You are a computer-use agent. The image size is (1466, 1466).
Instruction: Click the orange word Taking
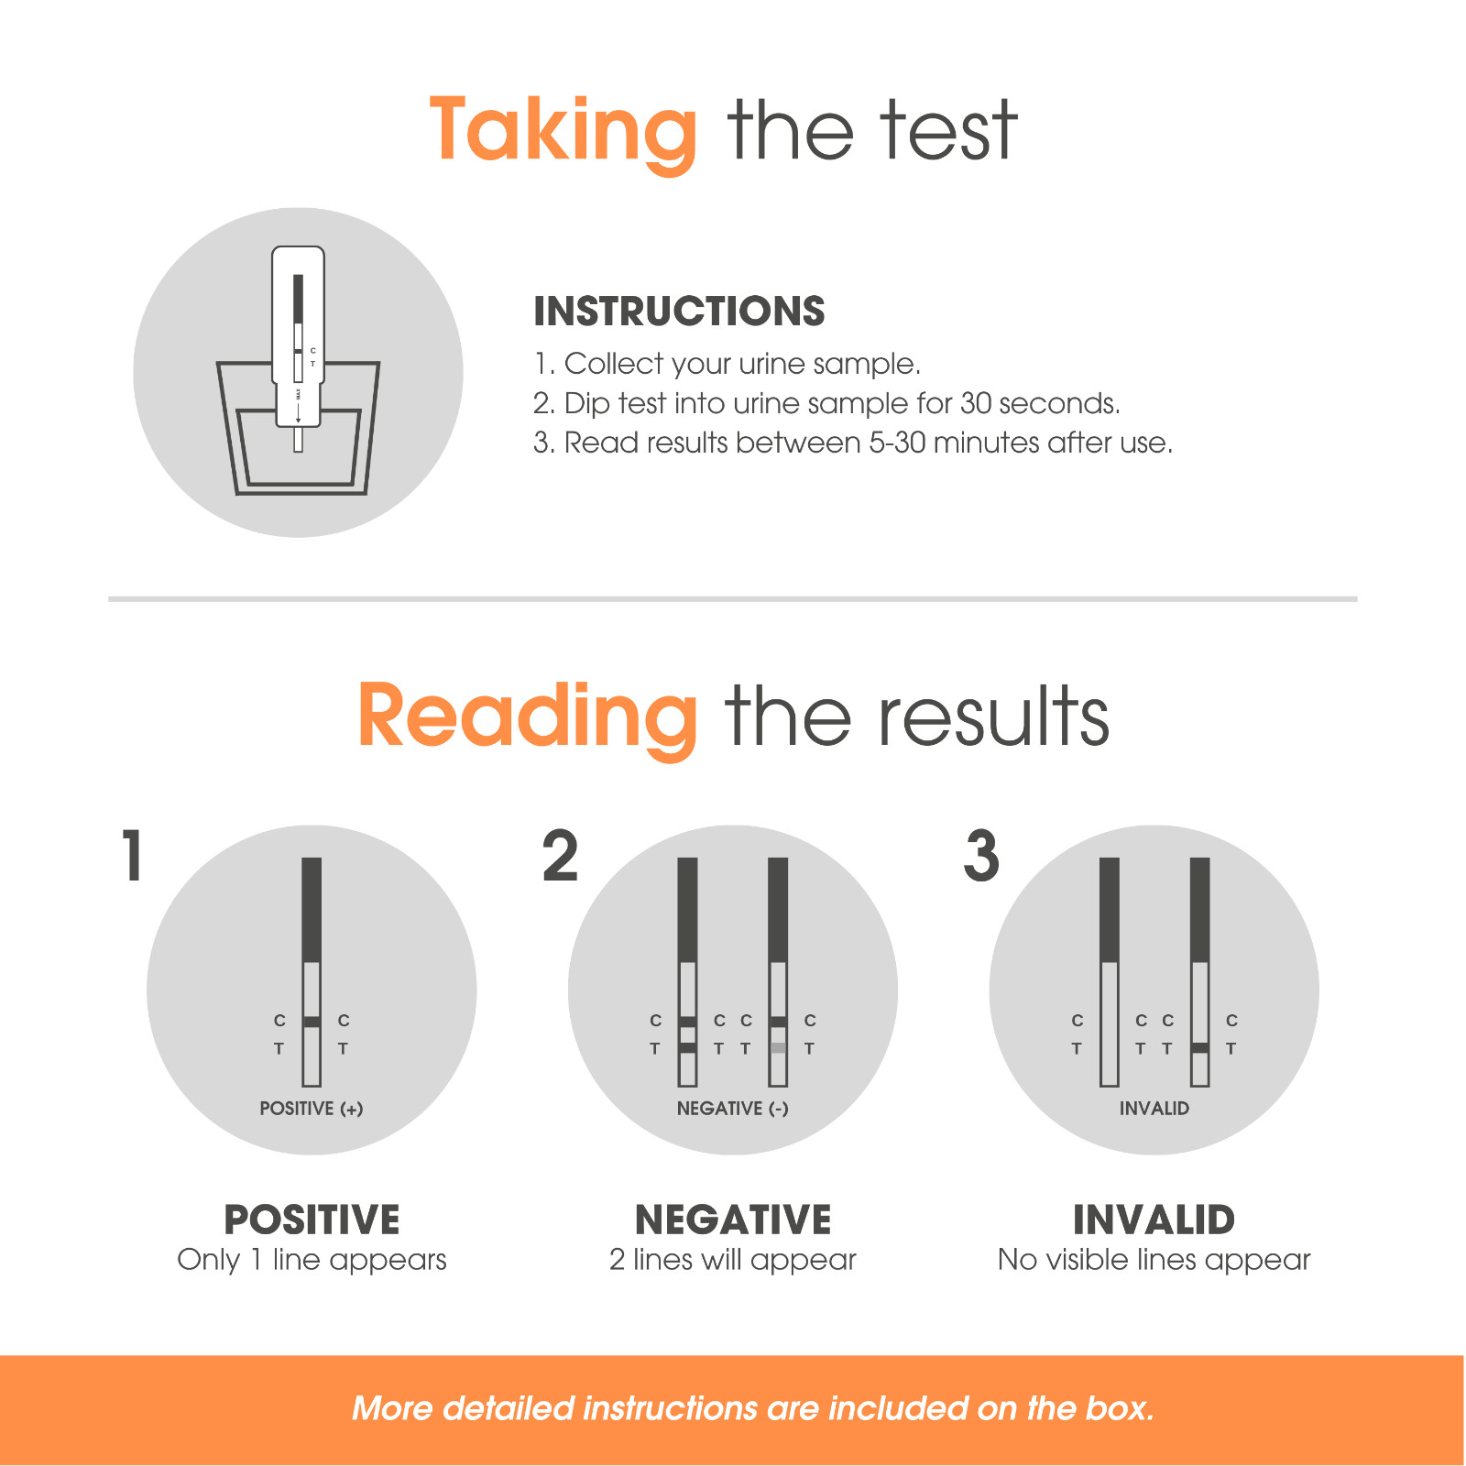(x=563, y=133)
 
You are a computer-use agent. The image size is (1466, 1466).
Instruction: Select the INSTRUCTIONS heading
(x=679, y=312)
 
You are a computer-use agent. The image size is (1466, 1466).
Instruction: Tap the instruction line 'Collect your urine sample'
(x=727, y=364)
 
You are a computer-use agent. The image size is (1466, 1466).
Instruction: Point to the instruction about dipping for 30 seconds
(x=826, y=403)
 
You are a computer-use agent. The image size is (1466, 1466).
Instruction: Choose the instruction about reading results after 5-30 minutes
(x=853, y=443)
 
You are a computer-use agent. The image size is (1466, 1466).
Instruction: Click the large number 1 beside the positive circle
(x=134, y=856)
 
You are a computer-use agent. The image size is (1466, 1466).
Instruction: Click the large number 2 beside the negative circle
(x=560, y=856)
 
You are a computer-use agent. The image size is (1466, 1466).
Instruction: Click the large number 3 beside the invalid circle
(x=981, y=856)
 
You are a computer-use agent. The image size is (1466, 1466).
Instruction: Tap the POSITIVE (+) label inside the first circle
(x=312, y=1109)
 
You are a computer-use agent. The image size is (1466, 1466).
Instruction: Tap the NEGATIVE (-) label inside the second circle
(x=733, y=1109)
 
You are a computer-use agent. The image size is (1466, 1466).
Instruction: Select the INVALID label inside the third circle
(x=1154, y=1109)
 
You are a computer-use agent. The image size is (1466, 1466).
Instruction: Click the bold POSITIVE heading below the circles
(x=312, y=1220)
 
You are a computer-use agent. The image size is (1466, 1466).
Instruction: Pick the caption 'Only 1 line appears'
(x=312, y=1260)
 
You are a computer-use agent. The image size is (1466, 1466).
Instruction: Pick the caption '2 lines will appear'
(x=733, y=1260)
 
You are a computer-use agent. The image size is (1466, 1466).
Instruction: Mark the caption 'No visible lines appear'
(x=1154, y=1260)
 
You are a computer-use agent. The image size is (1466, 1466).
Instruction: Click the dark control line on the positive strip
(x=312, y=1022)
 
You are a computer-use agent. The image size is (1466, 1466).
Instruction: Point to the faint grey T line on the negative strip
(x=778, y=1047)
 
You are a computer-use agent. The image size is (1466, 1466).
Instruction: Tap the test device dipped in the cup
(x=298, y=348)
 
